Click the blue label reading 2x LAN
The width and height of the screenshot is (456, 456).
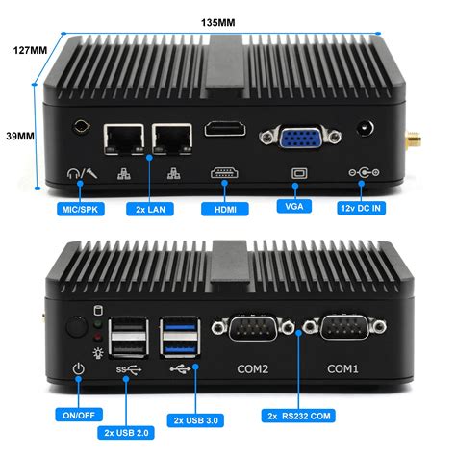point(149,208)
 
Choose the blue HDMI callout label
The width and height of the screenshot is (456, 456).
point(223,208)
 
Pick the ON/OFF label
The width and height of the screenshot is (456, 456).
point(80,415)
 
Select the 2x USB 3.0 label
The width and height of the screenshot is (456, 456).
point(195,419)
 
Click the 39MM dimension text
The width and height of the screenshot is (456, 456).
point(18,137)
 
